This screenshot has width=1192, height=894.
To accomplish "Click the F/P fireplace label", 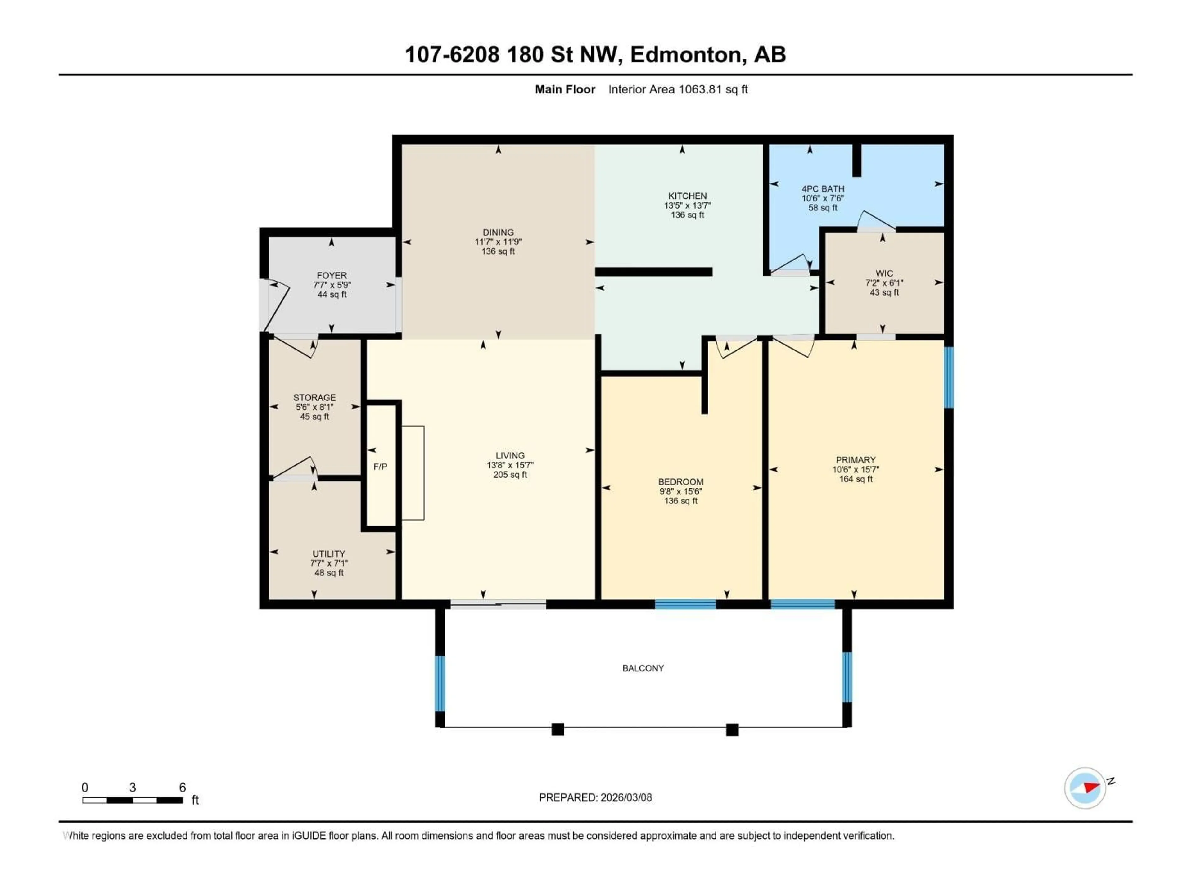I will [x=380, y=467].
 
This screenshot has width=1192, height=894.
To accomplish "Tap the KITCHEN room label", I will [x=687, y=196].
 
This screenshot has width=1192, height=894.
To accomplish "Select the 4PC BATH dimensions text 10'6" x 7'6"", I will [x=822, y=198].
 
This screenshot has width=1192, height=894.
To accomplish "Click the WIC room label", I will [x=884, y=273].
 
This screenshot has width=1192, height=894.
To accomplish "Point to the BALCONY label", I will [x=643, y=668].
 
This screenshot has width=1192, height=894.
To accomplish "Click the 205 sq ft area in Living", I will [x=510, y=475].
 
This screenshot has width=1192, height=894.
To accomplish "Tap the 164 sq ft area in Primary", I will [x=855, y=479].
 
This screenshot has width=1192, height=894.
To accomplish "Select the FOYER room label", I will [x=332, y=275].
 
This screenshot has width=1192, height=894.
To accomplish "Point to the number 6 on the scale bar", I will [x=182, y=787].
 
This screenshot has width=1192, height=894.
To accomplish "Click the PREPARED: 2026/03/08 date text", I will [x=595, y=797].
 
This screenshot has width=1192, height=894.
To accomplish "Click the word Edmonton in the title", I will [x=684, y=54].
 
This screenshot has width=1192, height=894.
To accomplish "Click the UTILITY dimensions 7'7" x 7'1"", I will [x=329, y=563].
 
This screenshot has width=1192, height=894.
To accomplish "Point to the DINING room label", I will [x=498, y=232].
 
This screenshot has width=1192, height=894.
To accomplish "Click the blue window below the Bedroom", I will [x=685, y=604].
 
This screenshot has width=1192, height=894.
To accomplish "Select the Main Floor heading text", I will [x=565, y=89].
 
